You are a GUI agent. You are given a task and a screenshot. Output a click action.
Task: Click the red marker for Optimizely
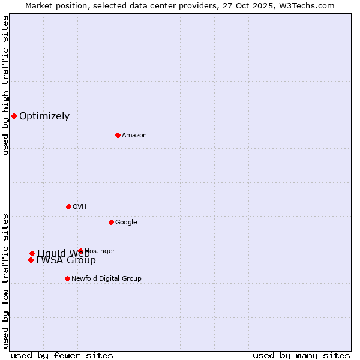click(14, 116)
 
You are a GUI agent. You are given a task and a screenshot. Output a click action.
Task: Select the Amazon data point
click(118, 135)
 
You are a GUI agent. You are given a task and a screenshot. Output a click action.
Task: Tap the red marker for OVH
click(68, 206)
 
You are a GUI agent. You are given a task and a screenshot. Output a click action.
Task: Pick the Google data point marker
click(111, 222)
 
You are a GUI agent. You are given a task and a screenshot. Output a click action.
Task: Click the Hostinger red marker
click(80, 251)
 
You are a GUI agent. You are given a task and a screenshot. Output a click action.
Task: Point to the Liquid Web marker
click(32, 253)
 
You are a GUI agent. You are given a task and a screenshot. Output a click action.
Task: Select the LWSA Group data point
click(31, 260)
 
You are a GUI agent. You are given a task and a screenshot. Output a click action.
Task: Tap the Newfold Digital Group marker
click(67, 278)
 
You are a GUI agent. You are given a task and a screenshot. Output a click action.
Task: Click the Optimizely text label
click(44, 116)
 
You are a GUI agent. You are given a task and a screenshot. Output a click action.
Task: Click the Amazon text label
click(134, 136)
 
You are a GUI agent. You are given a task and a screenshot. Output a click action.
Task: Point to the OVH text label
click(80, 207)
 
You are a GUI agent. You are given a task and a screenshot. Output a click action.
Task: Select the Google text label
click(126, 223)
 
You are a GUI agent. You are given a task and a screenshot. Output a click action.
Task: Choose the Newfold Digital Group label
click(106, 279)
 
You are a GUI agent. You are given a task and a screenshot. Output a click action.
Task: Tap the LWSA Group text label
click(66, 260)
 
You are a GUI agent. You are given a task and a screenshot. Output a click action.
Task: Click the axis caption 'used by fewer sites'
click(62, 355)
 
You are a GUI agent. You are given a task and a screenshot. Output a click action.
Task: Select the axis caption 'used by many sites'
click(301, 355)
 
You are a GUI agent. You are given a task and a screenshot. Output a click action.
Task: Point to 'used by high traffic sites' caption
click(6, 85)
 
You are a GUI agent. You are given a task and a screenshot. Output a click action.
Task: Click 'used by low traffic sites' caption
click(6, 280)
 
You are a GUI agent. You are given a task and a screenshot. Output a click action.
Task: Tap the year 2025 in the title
click(263, 5)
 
